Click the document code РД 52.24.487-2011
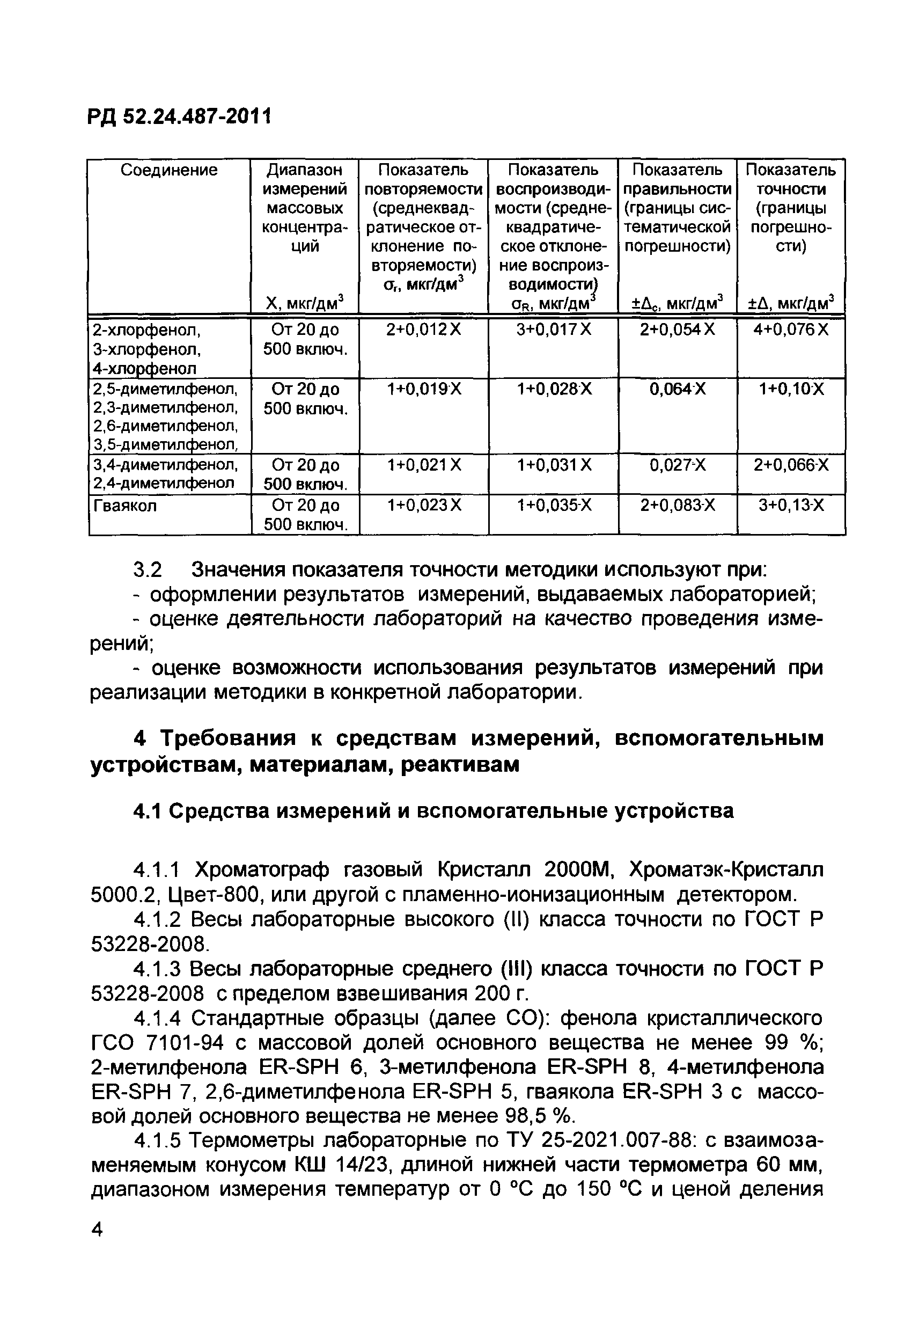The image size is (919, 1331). click(x=179, y=117)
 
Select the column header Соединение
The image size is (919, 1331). click(x=168, y=170)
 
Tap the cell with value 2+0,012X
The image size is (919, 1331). click(x=424, y=330)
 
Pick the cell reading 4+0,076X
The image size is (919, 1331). click(x=791, y=330)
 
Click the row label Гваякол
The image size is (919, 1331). click(x=125, y=506)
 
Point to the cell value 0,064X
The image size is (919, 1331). click(x=677, y=390)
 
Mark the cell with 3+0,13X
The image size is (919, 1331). click(x=791, y=506)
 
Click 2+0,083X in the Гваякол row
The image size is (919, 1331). click(x=677, y=506)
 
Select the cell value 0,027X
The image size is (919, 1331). click(x=677, y=465)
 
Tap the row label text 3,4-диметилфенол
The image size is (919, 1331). click(x=165, y=464)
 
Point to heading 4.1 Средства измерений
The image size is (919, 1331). click(x=433, y=811)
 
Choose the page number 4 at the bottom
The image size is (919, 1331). click(x=97, y=1229)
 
